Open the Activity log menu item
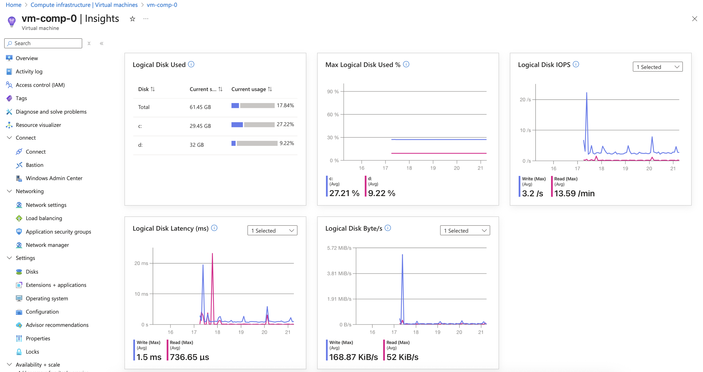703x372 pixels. tap(29, 71)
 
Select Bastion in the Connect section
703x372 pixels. tap(34, 165)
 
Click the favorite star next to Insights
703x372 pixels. tap(132, 19)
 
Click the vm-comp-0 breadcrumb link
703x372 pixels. tap(162, 5)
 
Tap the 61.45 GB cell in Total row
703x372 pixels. tap(200, 107)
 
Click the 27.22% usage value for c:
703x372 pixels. tap(285, 124)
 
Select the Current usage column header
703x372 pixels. tap(248, 89)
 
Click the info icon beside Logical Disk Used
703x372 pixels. tap(191, 65)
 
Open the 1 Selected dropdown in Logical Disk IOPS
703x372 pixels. tap(657, 67)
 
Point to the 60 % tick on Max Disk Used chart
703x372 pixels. tap(333, 115)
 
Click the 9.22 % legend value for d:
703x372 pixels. tap(381, 193)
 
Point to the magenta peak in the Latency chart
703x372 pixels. tap(212, 255)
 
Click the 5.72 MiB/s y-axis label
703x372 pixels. tap(339, 248)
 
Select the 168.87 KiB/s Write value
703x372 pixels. tap(353, 357)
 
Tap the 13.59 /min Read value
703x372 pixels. tap(574, 193)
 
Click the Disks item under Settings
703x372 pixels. tap(32, 272)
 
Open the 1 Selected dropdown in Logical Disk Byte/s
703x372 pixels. tap(465, 231)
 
